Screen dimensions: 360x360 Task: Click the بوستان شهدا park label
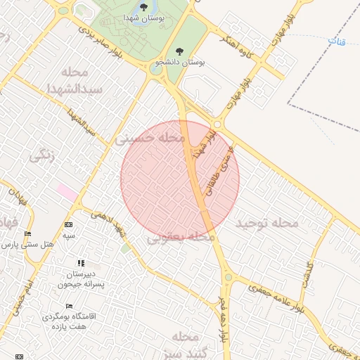(x=143, y=19)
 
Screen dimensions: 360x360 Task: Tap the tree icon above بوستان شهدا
(x=143, y=8)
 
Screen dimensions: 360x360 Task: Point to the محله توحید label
(x=268, y=223)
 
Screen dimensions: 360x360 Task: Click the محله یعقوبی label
(x=181, y=238)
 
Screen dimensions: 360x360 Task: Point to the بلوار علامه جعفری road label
(x=270, y=299)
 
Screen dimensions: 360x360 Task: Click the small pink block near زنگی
(x=68, y=191)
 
